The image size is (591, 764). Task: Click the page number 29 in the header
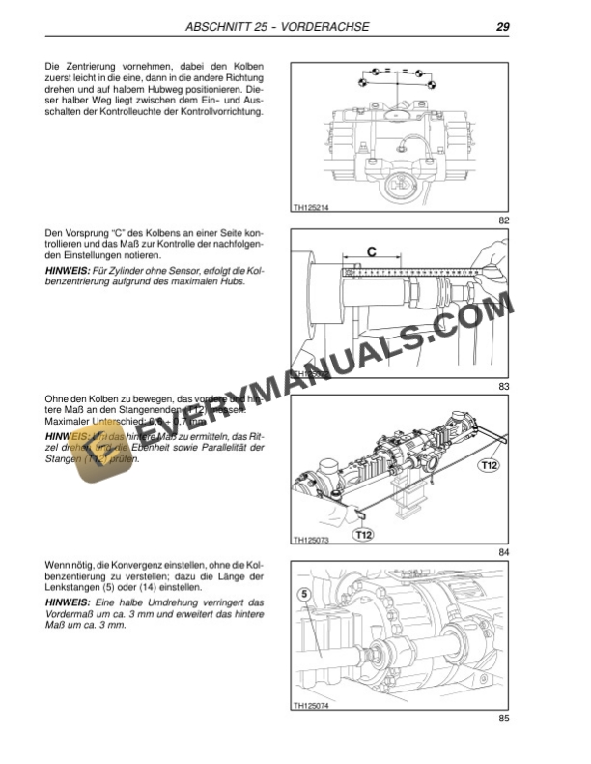502,26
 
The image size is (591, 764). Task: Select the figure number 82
503,221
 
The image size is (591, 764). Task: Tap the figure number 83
503,387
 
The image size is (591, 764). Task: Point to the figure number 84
503,552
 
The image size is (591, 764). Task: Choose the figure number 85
503,718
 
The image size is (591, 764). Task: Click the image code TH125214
310,206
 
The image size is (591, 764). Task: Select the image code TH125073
310,541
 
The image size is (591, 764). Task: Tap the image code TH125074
310,706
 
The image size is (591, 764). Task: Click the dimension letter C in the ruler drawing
371,251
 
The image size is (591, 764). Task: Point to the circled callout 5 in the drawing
303,595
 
